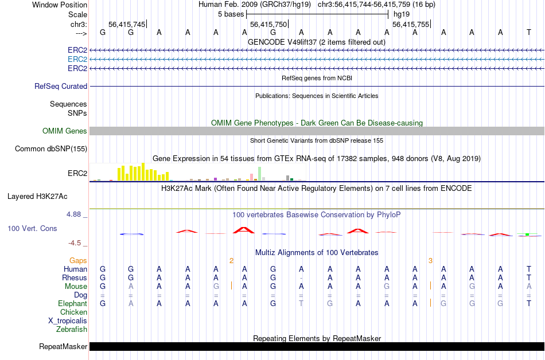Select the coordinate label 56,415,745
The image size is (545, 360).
[x=127, y=24]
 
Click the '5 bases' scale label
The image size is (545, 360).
[x=231, y=14]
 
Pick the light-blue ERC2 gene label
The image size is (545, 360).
[x=77, y=59]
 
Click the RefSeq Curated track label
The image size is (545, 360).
[x=61, y=86]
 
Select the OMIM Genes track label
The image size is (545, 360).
[x=65, y=131]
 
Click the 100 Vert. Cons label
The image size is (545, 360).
[x=32, y=228]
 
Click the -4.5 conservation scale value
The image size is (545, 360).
[x=75, y=242]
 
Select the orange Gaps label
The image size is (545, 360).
[x=78, y=260]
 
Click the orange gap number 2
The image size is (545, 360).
[x=231, y=260]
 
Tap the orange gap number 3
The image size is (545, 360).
[x=430, y=260]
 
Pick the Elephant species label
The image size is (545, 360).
[x=72, y=303]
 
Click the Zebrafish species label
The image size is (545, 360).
[x=72, y=329]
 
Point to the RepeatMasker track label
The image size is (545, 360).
[x=63, y=346]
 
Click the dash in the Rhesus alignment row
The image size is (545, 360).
[x=301, y=278]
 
